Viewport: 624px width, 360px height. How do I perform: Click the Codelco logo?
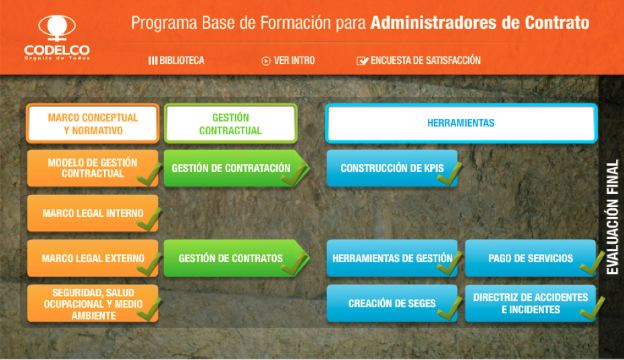tap(56, 37)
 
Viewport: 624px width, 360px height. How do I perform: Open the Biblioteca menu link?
tap(177, 60)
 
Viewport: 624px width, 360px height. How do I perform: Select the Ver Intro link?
tap(288, 60)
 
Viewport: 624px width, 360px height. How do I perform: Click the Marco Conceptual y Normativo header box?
tap(93, 124)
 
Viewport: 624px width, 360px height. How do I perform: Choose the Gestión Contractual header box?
tap(230, 124)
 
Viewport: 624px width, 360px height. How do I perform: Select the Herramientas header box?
tap(461, 124)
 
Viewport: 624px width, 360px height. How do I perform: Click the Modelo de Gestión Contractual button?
tap(93, 168)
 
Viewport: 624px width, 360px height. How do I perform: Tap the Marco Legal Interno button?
tap(93, 214)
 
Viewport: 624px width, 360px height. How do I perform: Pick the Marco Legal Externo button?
tap(93, 258)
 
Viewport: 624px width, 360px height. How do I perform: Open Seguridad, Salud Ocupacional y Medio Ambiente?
tap(93, 303)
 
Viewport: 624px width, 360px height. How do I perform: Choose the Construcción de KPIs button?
tap(392, 168)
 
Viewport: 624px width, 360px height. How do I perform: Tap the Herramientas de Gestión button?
tap(392, 258)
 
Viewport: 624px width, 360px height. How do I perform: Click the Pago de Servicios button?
tap(531, 258)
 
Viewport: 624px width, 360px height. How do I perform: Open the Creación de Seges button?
tap(392, 303)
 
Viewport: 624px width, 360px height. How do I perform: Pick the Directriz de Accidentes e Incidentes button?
tap(531, 303)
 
